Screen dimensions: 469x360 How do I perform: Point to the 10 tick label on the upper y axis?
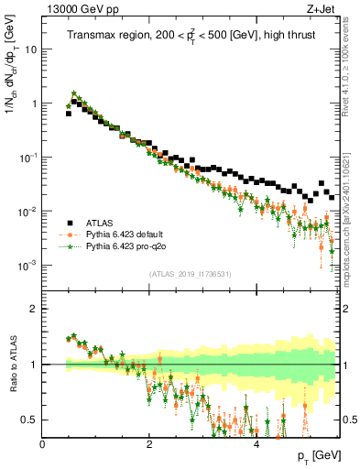pos(30,49)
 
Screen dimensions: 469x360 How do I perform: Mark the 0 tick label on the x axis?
pos(42,442)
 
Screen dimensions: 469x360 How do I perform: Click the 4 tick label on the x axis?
pos(256,442)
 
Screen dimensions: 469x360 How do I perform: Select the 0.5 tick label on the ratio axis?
pos(28,420)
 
